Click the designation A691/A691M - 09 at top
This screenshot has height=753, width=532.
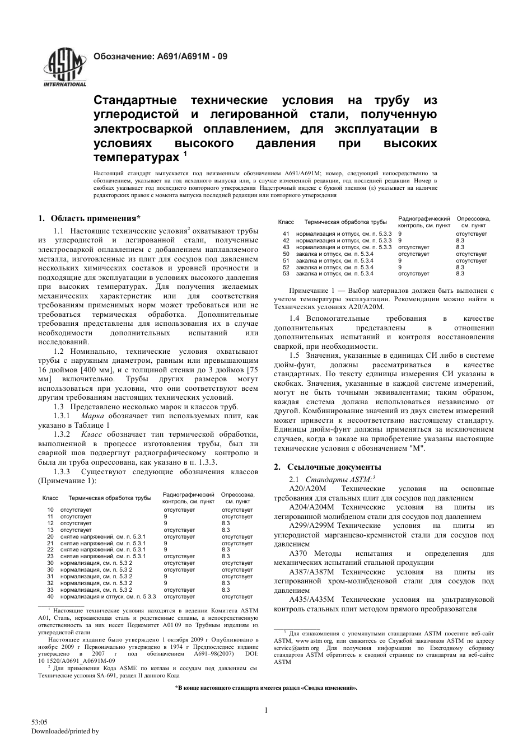[160, 57]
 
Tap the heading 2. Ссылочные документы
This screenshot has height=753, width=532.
[327, 466]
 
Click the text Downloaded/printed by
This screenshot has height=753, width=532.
[64, 731]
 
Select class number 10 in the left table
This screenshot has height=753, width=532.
[50, 510]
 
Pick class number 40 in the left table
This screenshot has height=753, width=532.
[50, 596]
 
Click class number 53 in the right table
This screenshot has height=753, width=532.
[286, 274]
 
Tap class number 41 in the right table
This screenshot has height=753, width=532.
[286, 233]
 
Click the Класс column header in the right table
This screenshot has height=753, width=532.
[286, 222]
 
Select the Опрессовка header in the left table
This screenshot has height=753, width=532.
[238, 495]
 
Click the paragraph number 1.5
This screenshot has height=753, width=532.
[295, 356]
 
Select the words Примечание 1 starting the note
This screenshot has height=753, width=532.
[311, 291]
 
